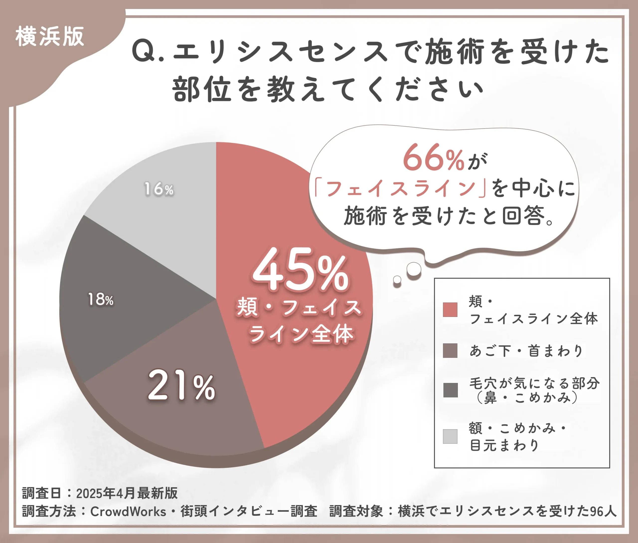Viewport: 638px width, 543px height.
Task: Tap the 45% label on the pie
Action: coord(300,270)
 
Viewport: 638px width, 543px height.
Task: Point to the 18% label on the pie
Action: coord(101,299)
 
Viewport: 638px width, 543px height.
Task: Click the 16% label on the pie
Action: coord(159,189)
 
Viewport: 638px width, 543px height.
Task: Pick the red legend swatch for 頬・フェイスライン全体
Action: coord(450,310)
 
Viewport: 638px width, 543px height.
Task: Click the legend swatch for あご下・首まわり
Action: coord(450,351)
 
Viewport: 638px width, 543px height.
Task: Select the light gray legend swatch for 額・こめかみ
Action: coord(450,436)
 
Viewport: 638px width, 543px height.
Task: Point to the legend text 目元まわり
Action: coord(505,445)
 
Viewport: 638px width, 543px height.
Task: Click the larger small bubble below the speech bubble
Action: coord(414,269)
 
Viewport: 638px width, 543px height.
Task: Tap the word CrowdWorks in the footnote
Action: coord(128,511)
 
